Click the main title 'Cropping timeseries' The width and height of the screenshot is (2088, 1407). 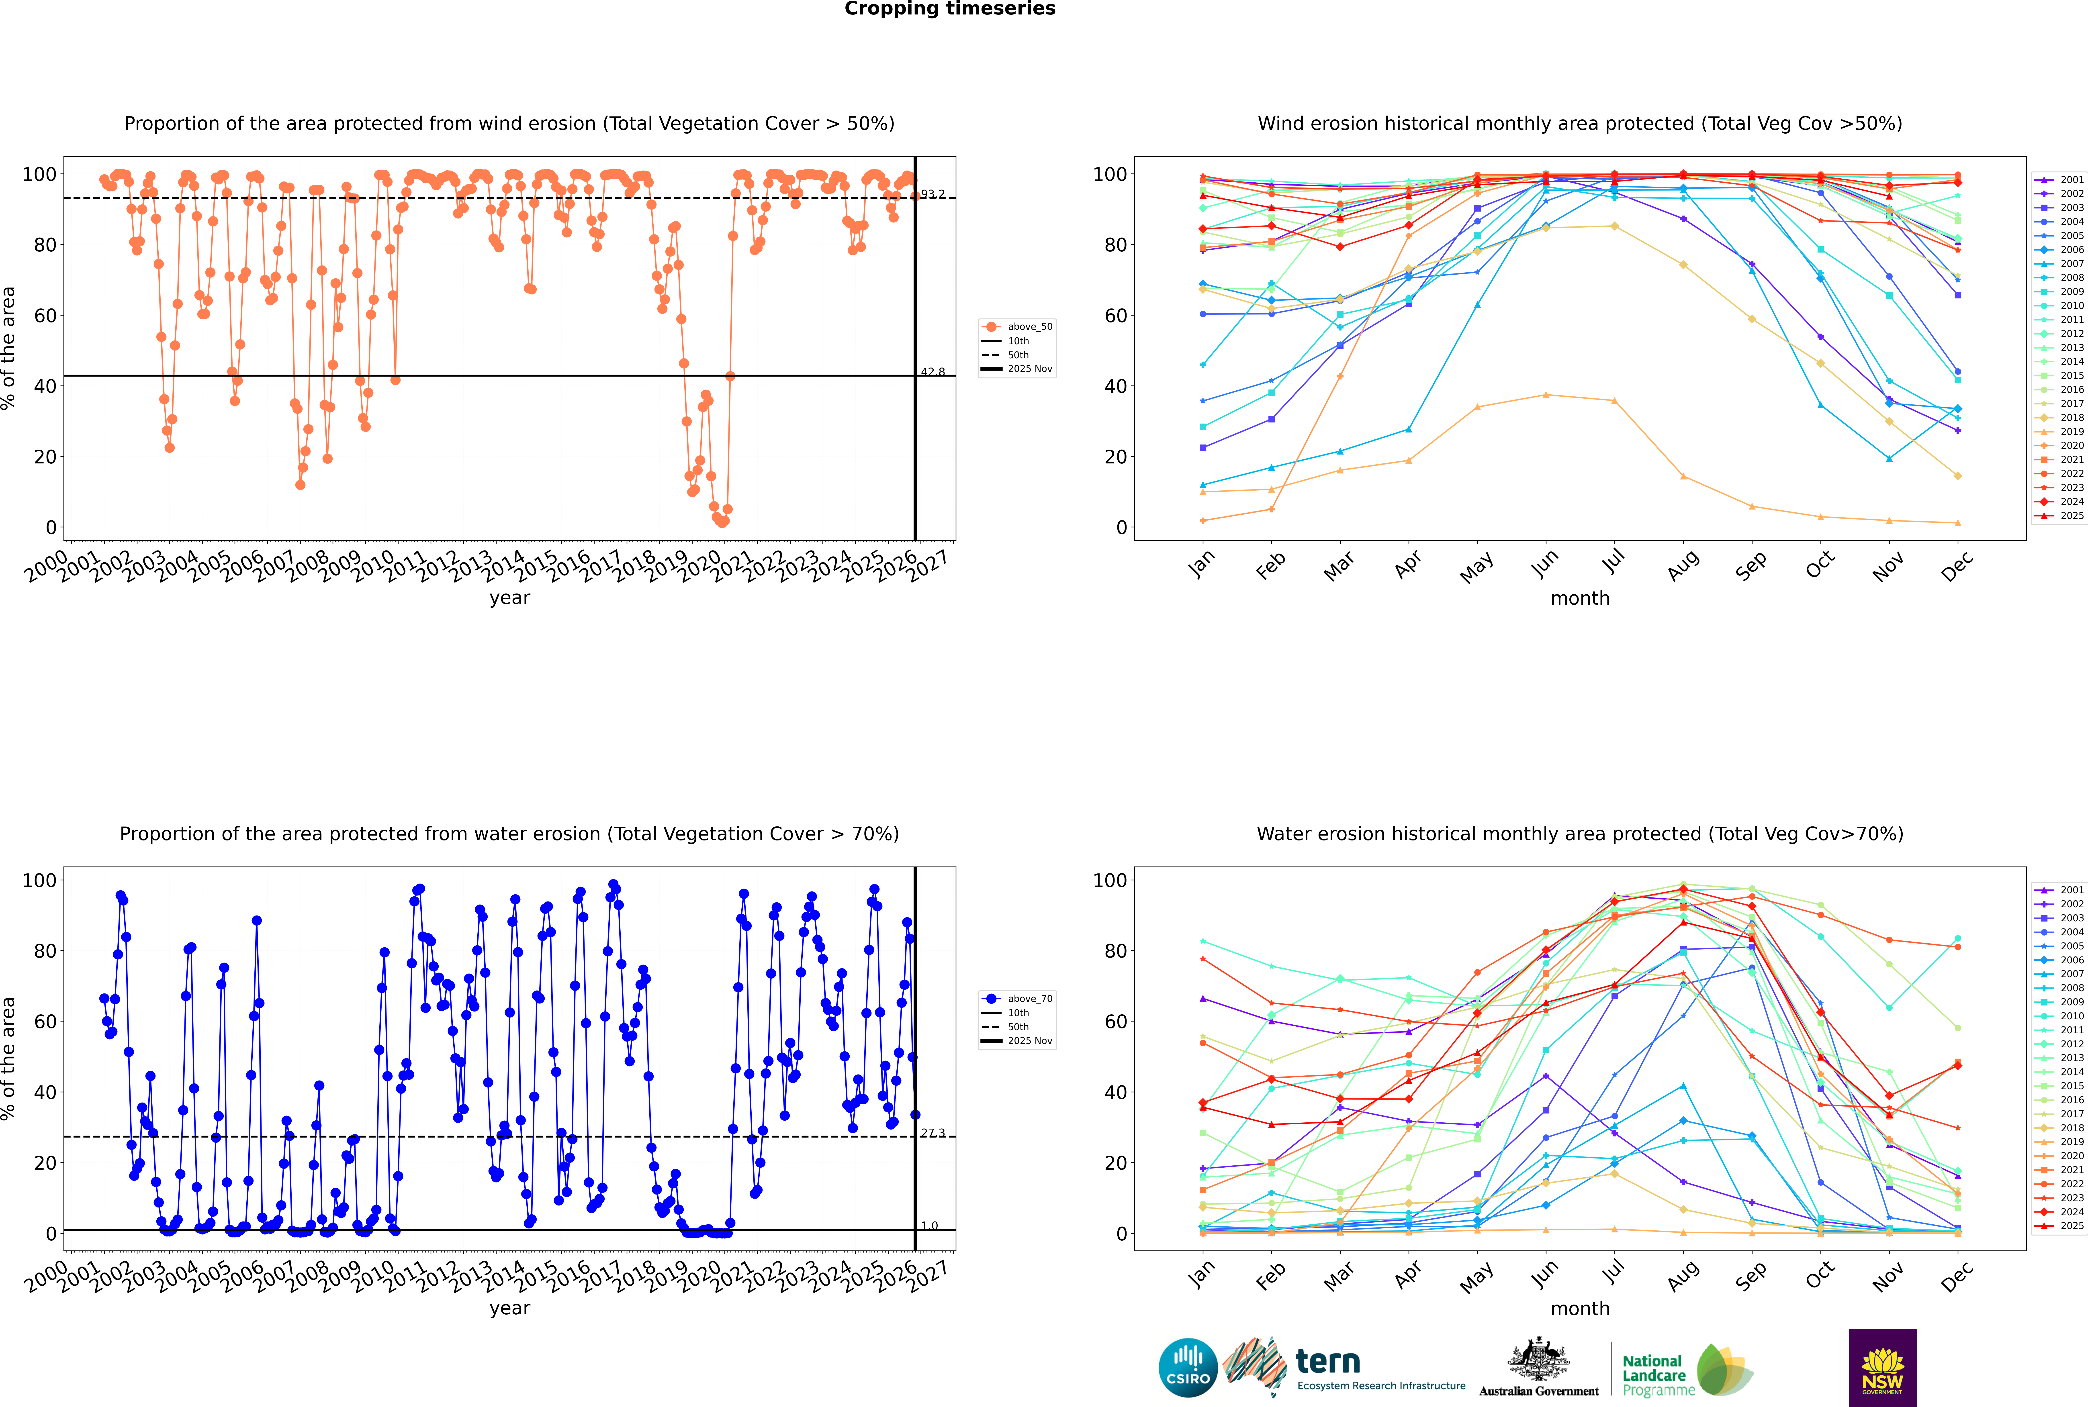pos(950,9)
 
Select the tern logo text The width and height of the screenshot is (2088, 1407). pos(1328,1362)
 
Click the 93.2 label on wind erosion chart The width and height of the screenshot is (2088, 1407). pos(933,194)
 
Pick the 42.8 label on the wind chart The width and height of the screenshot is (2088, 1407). pos(933,371)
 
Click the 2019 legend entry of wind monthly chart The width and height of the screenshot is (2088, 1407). pos(2072,432)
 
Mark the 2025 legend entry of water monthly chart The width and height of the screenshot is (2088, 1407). pos(2072,1226)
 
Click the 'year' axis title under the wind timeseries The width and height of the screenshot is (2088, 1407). pos(509,598)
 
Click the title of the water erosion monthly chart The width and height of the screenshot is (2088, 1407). pos(1580,834)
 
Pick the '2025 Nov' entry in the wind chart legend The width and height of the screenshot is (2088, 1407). pos(1030,369)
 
